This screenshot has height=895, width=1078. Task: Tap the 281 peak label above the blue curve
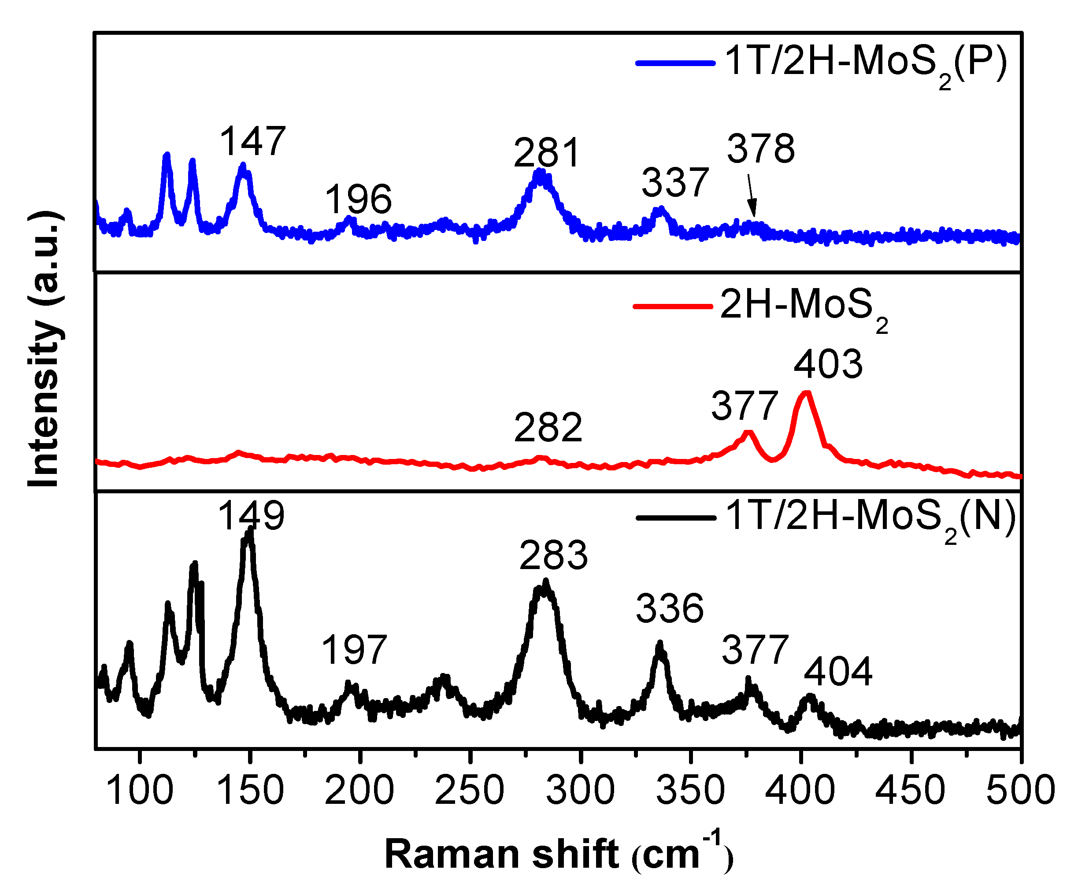547,153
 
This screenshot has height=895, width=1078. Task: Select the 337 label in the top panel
675,183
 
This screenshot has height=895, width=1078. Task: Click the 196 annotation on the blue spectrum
358,200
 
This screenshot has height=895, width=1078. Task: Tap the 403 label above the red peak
828,364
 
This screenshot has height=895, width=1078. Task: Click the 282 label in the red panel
548,428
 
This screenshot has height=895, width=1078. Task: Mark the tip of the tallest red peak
806,394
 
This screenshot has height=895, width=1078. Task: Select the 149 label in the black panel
251,515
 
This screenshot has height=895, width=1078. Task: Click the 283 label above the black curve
553,555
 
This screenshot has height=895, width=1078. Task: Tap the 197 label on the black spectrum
354,650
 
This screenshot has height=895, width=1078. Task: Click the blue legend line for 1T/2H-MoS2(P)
675,63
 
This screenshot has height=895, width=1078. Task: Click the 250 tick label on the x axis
469,790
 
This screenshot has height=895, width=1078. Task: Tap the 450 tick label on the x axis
910,790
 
